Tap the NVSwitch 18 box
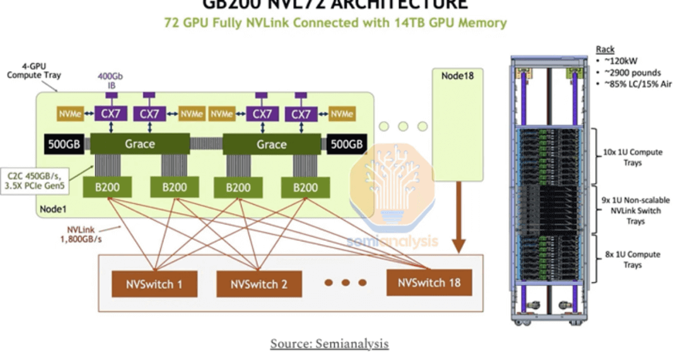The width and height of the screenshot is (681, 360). (x=429, y=282)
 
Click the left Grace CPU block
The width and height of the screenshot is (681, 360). (x=139, y=144)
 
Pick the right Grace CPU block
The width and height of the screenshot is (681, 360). (x=271, y=144)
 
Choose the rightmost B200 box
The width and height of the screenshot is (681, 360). (x=305, y=187)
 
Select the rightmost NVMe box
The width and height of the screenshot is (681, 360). (x=341, y=114)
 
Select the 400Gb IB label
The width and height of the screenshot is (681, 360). (x=110, y=80)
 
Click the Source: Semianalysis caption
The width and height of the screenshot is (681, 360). (x=329, y=344)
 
